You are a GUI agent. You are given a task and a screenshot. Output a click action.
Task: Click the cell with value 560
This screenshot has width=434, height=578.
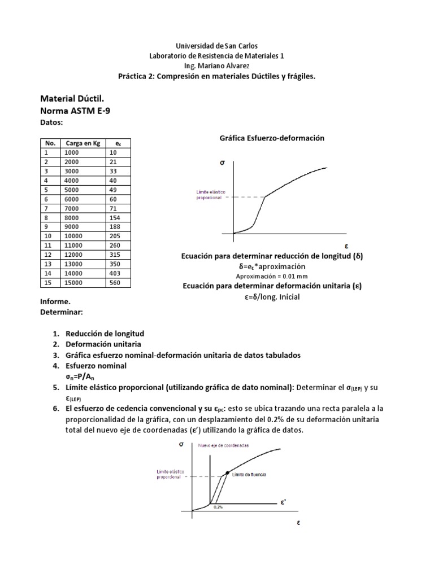click(116, 283)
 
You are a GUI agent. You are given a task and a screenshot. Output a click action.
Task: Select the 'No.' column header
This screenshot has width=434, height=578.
click(50, 143)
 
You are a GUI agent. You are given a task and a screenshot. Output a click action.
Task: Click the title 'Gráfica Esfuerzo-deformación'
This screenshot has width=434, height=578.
click(271, 138)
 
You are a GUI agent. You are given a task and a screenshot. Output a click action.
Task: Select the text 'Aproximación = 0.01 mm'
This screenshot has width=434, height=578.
click(275, 276)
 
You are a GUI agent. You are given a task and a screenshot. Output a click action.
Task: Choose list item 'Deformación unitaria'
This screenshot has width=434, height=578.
click(105, 344)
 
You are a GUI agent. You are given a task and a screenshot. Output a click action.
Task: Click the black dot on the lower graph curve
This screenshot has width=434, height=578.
click(227, 472)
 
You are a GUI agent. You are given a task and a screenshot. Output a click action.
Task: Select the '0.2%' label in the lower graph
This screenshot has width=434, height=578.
click(218, 507)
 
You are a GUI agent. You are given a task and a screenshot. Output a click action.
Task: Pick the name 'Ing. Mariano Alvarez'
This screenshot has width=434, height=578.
click(217, 65)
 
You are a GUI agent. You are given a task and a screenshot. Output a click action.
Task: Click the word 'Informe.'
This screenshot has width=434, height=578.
click(56, 301)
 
